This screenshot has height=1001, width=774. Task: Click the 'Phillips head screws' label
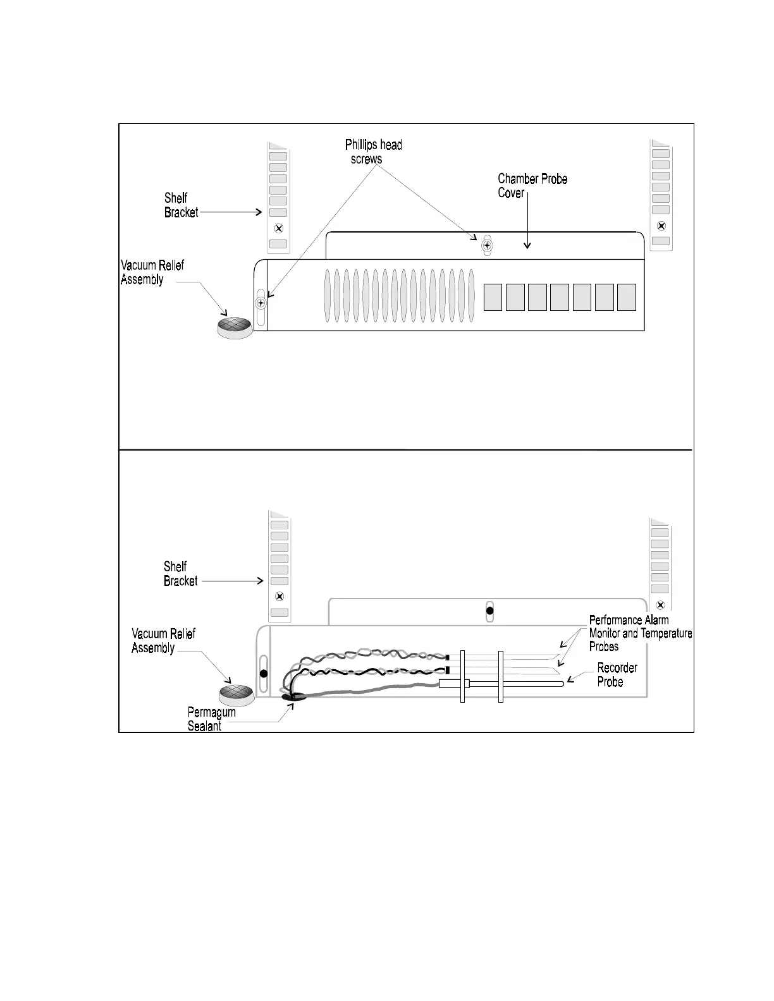point(373,152)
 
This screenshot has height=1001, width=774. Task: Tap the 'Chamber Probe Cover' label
point(532,186)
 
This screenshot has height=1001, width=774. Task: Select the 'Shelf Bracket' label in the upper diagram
point(181,205)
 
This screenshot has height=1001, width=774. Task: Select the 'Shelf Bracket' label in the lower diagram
point(180,574)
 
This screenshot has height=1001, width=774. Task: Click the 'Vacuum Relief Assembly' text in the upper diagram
point(152,272)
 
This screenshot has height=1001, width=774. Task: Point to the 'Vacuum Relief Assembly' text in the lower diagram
point(163,641)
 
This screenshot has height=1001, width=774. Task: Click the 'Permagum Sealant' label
point(211,719)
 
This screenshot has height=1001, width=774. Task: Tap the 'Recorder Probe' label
point(617,675)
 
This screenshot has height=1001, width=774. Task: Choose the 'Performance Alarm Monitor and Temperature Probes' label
point(640,633)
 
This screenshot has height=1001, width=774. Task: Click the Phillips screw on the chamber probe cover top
point(486,245)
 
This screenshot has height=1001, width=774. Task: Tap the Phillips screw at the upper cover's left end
point(261,303)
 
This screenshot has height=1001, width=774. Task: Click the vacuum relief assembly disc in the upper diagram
point(234,326)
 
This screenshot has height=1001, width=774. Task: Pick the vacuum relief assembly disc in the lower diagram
point(237,694)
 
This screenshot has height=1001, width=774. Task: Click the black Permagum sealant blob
point(293,697)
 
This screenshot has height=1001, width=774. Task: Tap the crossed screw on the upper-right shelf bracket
point(661,226)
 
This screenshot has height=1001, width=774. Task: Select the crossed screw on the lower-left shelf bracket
point(280,597)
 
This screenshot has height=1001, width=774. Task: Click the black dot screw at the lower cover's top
point(489,612)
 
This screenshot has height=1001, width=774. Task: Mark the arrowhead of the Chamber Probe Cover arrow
point(527,247)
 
